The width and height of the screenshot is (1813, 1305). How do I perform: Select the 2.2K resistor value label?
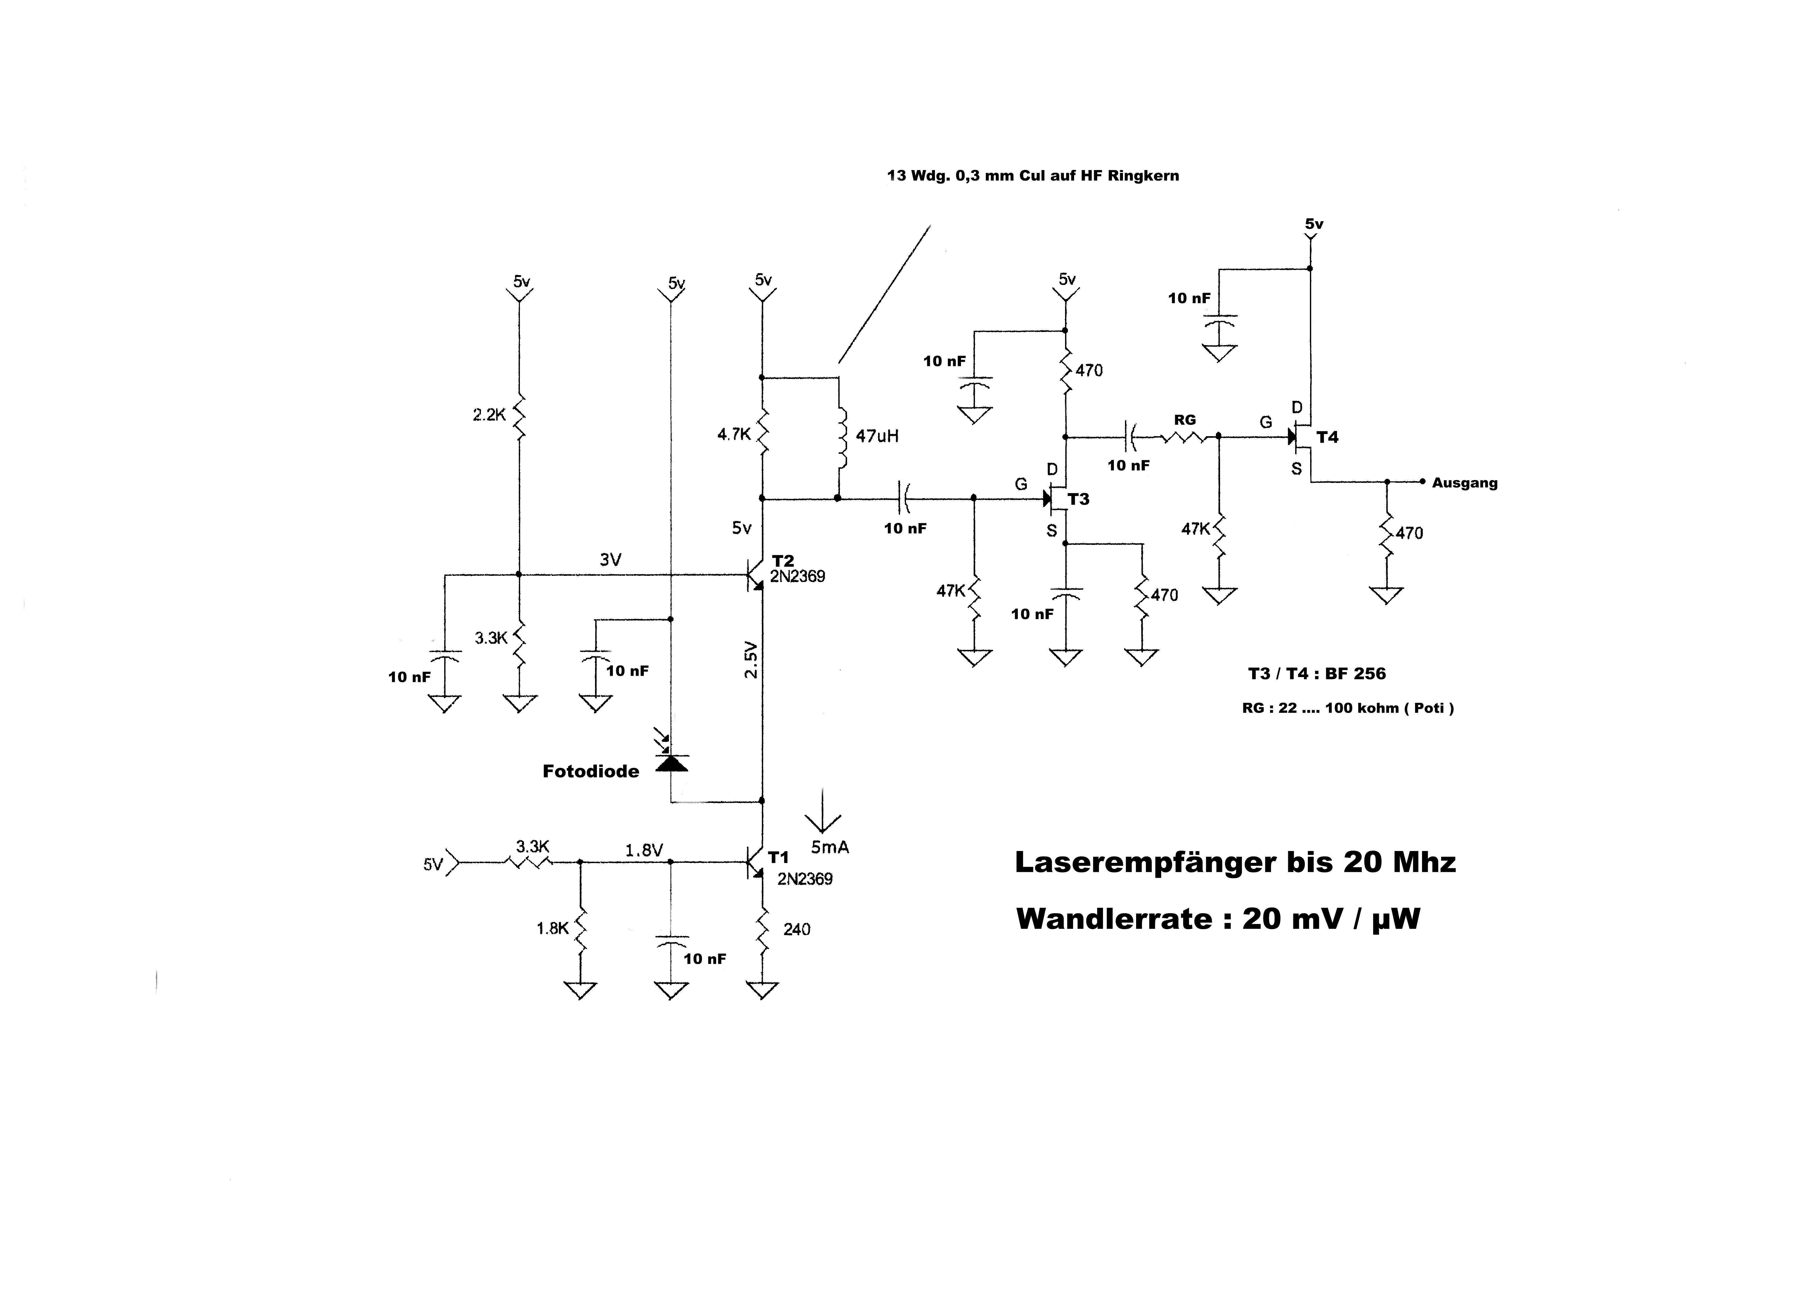[489, 415]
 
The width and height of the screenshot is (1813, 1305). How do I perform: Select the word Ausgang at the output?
[1464, 483]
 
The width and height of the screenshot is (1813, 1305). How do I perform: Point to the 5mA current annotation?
[830, 847]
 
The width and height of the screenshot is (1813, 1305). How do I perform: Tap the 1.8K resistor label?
[552, 929]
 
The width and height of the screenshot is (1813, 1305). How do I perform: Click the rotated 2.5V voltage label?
[750, 659]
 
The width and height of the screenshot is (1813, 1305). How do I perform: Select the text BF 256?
[1355, 674]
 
